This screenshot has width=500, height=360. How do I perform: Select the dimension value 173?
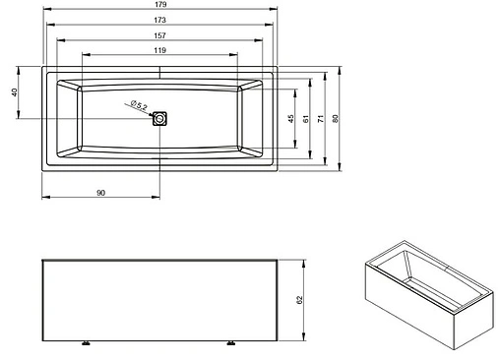[x=159, y=24]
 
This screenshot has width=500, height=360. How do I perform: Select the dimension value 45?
[x=290, y=118]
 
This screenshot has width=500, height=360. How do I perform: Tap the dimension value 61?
[x=306, y=118]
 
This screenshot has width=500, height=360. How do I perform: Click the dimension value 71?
[x=322, y=118]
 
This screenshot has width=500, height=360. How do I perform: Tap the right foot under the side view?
[x=232, y=343]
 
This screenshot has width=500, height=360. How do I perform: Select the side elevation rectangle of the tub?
[x=159, y=300]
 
